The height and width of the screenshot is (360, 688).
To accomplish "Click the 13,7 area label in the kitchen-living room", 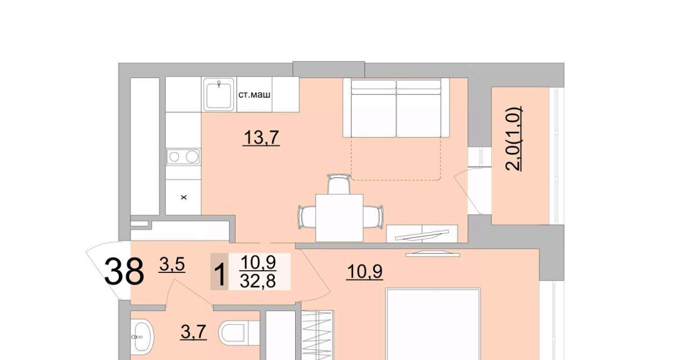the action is (261, 138).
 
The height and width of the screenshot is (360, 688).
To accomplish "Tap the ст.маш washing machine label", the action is (254, 95).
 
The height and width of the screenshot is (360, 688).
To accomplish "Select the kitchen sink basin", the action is (219, 95).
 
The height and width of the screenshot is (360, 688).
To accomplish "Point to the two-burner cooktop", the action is (183, 157).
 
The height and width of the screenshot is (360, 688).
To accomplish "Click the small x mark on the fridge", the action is (184, 198).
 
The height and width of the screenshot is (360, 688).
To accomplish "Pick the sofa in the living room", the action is (396, 107).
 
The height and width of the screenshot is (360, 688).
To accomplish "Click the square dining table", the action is (339, 218).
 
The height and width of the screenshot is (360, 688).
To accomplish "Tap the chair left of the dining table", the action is (307, 217).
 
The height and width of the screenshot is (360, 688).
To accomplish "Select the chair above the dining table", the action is (339, 184).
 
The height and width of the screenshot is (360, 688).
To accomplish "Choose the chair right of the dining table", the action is (373, 217).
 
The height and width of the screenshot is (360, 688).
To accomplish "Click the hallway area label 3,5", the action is (172, 265).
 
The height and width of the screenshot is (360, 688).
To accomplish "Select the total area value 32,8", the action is (258, 281).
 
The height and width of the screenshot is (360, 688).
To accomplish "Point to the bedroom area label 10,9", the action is (364, 271).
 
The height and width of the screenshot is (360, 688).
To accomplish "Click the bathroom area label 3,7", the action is (193, 333).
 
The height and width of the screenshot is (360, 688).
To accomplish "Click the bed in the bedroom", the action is (433, 324).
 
